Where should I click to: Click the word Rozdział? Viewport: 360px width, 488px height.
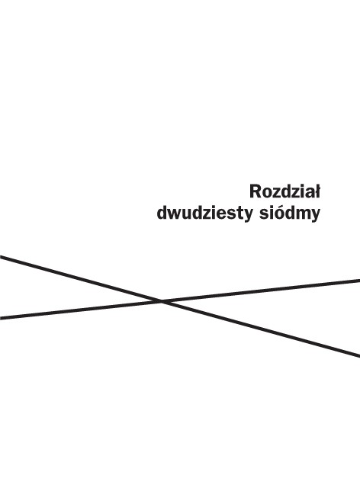[284, 191]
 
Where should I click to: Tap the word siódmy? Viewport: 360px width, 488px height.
[290, 213]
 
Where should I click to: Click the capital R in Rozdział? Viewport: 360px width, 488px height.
[255, 191]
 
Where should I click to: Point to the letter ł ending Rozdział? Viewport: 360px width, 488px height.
[317, 191]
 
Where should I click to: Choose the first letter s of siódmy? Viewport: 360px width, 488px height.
[263, 215]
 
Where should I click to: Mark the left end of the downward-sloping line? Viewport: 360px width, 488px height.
[1, 257]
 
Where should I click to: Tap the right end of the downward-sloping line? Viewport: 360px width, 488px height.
[359, 356]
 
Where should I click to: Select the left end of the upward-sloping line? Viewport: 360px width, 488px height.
[1, 318]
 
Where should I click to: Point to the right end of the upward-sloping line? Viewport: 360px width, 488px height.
[359, 281]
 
